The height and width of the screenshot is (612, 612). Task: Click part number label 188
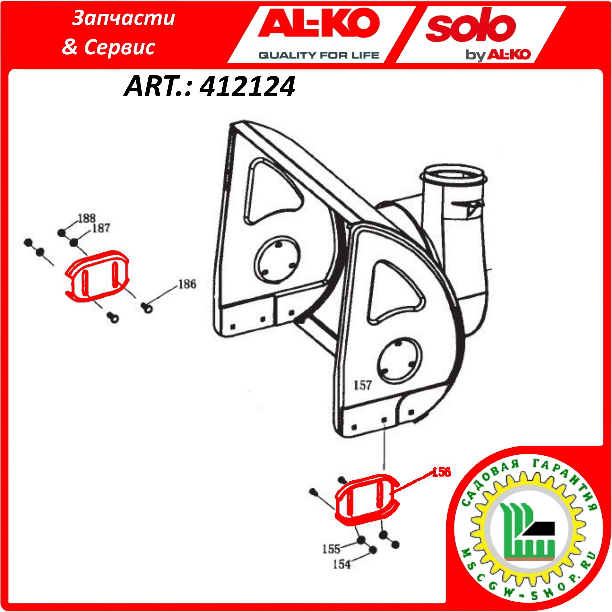[86, 218]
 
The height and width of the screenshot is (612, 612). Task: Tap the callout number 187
[101, 228]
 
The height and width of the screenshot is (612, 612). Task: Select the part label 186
[187, 284]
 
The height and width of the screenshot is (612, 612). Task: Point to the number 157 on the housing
[362, 385]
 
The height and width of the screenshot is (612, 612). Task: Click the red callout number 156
[441, 472]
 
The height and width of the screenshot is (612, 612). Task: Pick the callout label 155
[331, 549]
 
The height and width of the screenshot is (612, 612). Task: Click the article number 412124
[247, 86]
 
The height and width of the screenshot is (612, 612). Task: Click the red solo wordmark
[471, 25]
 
